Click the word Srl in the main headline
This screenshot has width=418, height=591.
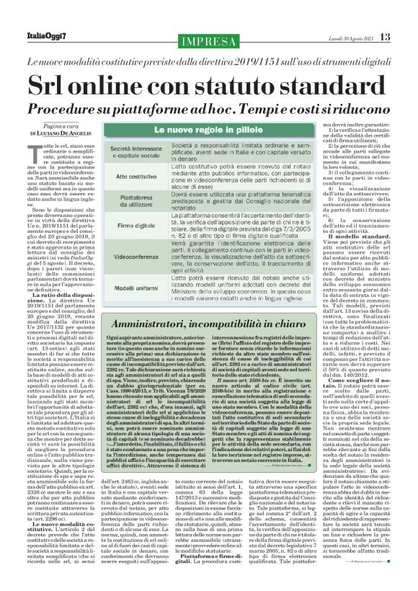point(61,84)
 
